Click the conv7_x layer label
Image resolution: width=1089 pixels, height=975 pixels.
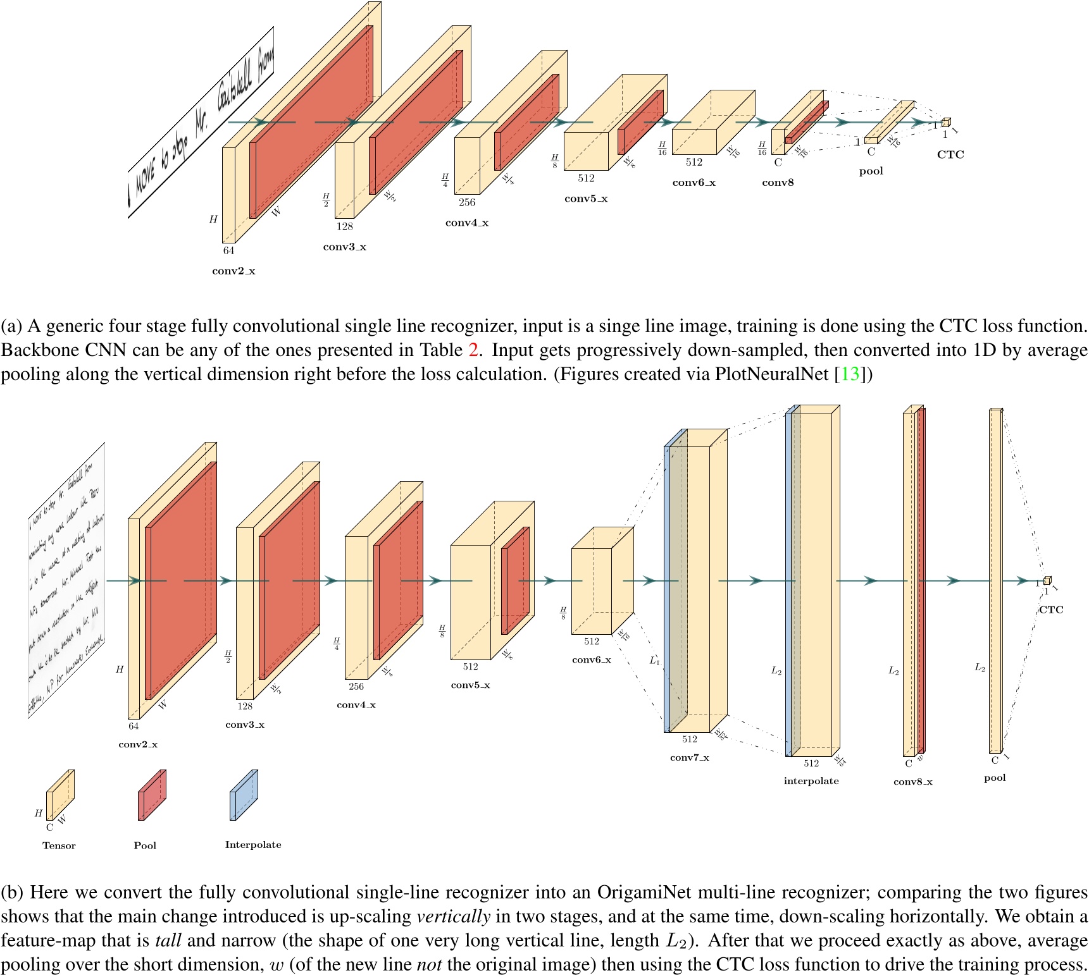coord(689,757)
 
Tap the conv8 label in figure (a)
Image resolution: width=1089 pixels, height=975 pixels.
coord(778,183)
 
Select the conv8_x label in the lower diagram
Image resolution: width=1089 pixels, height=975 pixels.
coord(912,782)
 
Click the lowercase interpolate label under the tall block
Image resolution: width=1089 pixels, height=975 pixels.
coord(811,781)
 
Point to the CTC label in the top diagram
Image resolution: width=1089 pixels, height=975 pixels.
coord(950,155)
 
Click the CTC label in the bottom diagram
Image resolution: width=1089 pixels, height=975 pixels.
coord(1051,610)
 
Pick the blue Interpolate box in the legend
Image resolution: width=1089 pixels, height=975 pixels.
coord(244,795)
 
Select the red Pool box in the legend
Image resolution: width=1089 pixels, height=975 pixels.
coord(152,795)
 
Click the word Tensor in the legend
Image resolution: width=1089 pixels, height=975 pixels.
coord(59,846)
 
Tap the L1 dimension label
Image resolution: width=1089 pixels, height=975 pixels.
coord(655,661)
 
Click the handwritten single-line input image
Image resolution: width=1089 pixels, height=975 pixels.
coord(201,123)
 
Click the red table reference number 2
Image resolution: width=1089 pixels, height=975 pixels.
coord(473,350)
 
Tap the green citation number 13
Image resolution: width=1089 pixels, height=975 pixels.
coord(850,374)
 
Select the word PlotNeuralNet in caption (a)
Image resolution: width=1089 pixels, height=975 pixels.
coord(771,374)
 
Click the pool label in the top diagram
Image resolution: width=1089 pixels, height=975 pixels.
coord(871,171)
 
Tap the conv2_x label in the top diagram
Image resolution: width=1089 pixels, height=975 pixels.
coord(233,271)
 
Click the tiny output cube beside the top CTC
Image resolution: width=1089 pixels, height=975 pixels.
coord(945,123)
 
